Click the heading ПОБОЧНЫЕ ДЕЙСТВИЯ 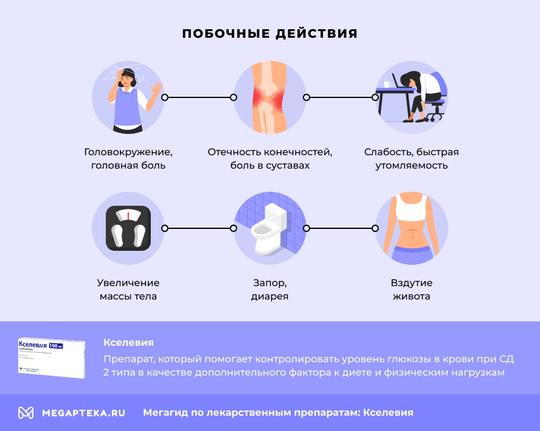click(270, 33)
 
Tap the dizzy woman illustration click(128, 97)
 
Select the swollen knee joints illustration click(270, 97)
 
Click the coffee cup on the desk click(386, 84)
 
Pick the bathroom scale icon click(128, 228)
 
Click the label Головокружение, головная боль click(128, 158)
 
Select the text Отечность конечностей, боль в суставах click(270, 158)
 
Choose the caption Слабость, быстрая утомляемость click(412, 158)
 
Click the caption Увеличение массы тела click(128, 290)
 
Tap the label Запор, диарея click(270, 290)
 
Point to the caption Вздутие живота click(412, 290)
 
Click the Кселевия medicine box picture click(52, 358)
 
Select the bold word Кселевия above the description click(128, 342)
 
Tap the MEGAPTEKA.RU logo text click(83, 413)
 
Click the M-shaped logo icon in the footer click(26, 413)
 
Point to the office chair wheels click(435, 118)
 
